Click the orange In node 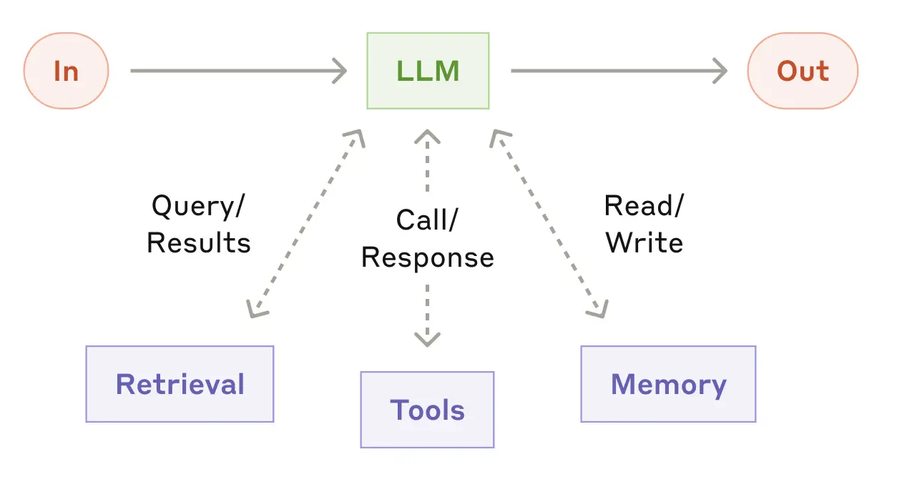pyautogui.click(x=66, y=72)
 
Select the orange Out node pyautogui.click(x=802, y=72)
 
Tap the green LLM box pyautogui.click(x=428, y=71)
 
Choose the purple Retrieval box pyautogui.click(x=180, y=384)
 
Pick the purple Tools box pyautogui.click(x=427, y=410)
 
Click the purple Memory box pyautogui.click(x=668, y=384)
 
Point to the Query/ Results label pyautogui.click(x=199, y=225)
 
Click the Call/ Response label pyautogui.click(x=427, y=239)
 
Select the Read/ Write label pyautogui.click(x=644, y=224)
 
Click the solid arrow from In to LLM pyautogui.click(x=236, y=71)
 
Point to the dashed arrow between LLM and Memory pyautogui.click(x=549, y=223)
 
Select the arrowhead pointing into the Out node pyautogui.click(x=719, y=71)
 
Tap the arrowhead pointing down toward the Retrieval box pyautogui.click(x=253, y=309)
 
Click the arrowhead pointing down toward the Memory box pyautogui.click(x=599, y=309)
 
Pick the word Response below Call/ pyautogui.click(x=427, y=257)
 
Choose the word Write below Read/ pyautogui.click(x=644, y=242)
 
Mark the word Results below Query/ pyautogui.click(x=199, y=243)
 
